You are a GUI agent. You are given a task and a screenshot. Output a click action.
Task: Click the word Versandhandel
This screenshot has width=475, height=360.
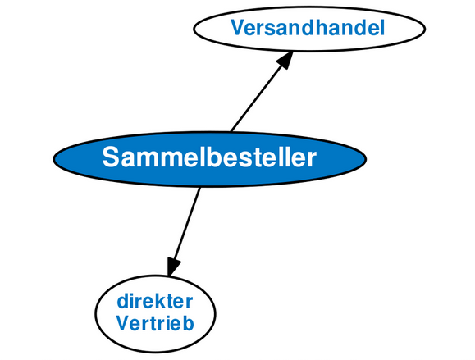[308, 28]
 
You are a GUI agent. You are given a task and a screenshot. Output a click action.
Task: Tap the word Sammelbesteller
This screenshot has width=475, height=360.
[209, 157]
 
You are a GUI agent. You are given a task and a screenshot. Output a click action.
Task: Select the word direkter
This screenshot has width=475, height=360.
[155, 301]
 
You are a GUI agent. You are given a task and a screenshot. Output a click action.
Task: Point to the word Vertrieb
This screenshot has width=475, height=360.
[155, 323]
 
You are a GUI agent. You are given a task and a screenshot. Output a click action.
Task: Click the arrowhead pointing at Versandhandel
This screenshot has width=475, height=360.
[285, 60]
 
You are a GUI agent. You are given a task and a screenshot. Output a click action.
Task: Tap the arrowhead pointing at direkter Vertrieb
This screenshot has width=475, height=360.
[172, 267]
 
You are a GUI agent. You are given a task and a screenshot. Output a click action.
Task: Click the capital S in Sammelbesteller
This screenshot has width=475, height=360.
[110, 157]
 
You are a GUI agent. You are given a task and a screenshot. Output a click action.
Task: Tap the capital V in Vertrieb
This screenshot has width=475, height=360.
[124, 323]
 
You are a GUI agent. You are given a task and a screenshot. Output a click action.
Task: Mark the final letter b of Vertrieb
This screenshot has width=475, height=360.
[188, 323]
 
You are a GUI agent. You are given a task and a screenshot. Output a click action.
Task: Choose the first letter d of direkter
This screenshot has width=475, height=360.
[123, 301]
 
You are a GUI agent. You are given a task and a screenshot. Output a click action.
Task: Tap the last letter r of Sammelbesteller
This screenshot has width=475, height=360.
[312, 161]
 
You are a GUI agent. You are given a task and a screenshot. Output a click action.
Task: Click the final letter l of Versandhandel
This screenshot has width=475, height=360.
[382, 28]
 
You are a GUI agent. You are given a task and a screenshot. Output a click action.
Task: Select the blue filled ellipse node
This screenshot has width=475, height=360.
[210, 159]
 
